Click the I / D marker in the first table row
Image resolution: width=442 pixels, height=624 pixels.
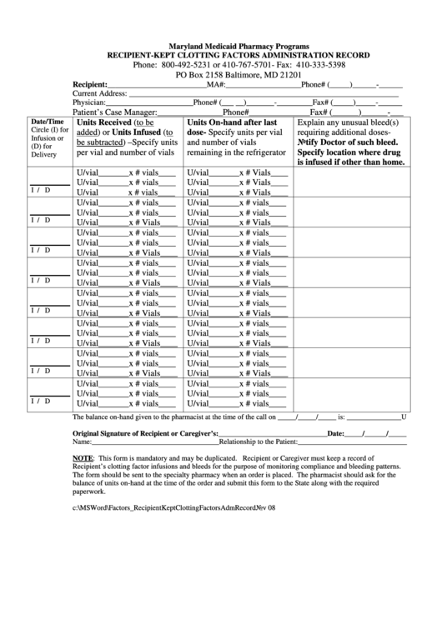point(41,190)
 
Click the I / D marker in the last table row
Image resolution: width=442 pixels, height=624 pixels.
point(41,401)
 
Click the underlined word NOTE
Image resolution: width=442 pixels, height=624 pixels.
point(83,459)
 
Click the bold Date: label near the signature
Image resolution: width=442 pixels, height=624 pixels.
point(335,434)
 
